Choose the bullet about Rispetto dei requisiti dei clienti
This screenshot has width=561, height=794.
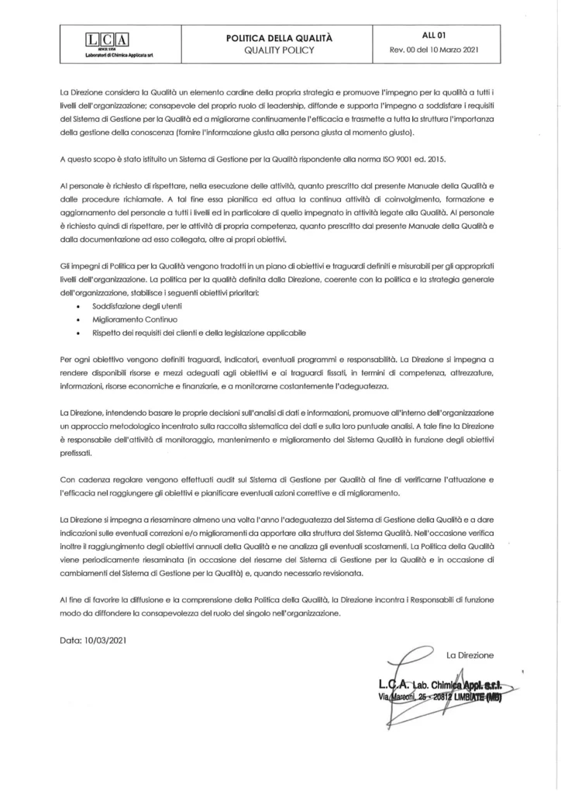pyautogui.click(x=194, y=333)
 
